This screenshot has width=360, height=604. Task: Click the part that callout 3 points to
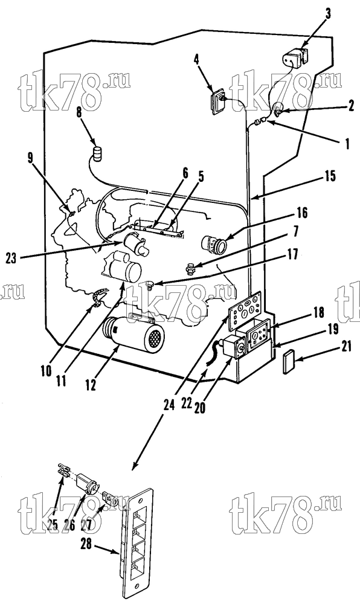pyautogui.click(x=295, y=57)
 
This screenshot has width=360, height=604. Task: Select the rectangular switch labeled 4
pyautogui.click(x=218, y=100)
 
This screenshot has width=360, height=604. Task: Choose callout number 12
pyautogui.click(x=91, y=385)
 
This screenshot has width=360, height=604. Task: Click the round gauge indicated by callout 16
pyautogui.click(x=215, y=243)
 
